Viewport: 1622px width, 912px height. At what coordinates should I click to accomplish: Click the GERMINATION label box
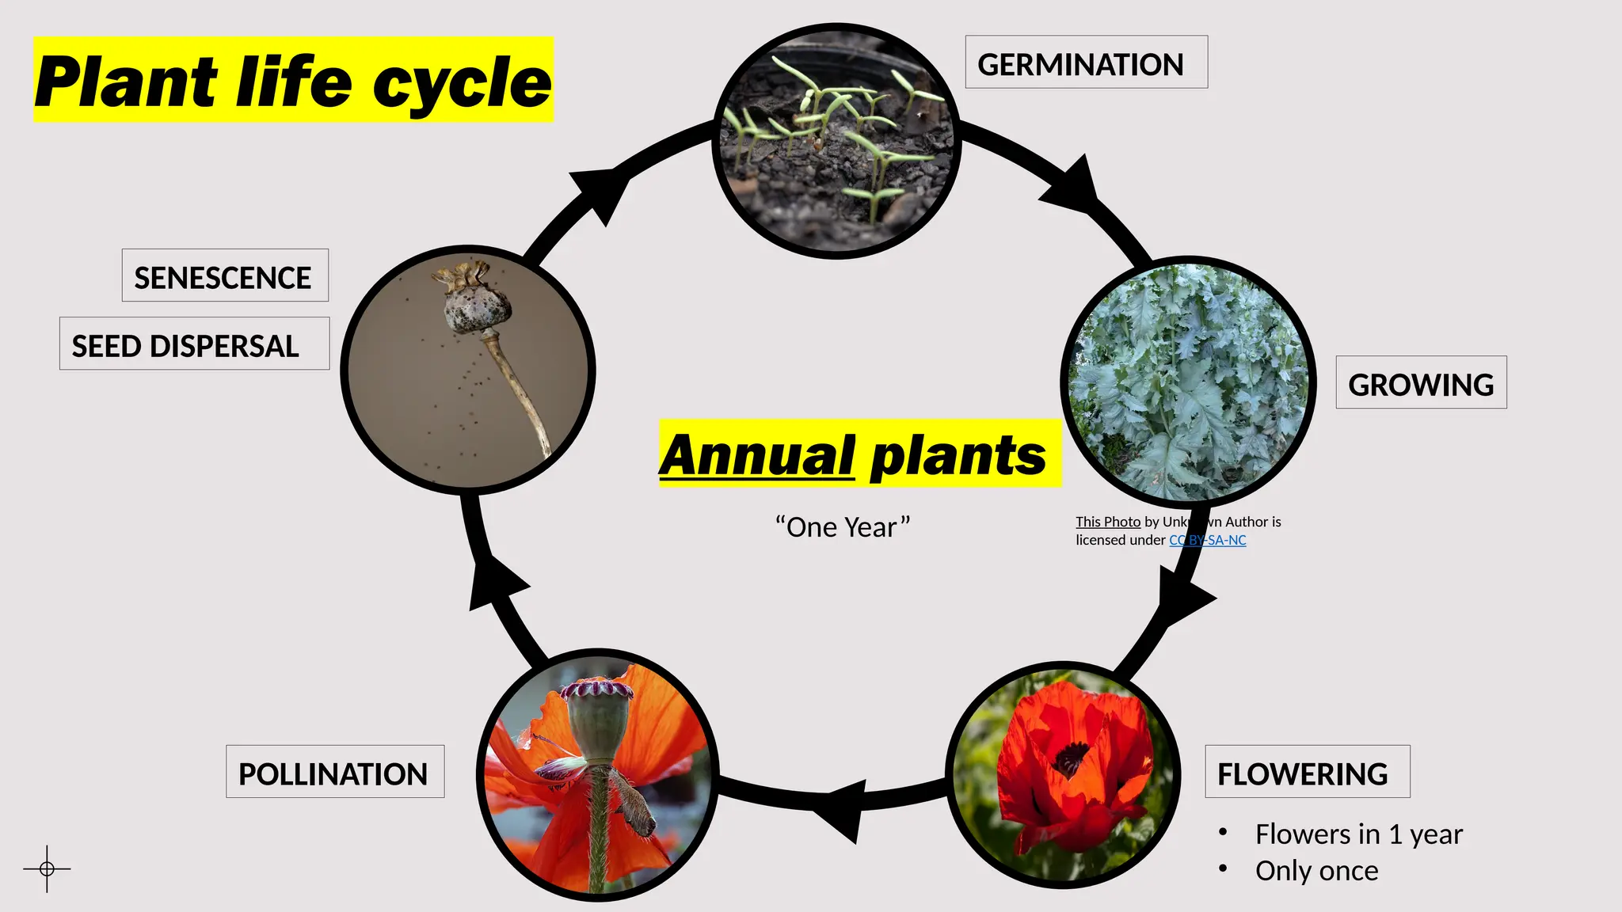click(1085, 63)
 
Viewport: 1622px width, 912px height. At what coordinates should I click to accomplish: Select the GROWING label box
click(1421, 383)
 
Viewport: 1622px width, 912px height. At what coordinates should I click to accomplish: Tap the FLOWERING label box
click(1307, 772)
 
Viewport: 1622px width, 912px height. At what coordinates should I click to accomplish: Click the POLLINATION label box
click(334, 772)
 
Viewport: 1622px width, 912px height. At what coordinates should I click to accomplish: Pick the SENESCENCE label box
click(224, 275)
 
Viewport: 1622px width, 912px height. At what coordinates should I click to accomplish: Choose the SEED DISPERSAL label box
click(193, 344)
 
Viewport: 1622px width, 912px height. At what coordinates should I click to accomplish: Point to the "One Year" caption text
click(843, 527)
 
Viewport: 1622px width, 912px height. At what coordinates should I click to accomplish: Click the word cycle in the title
click(461, 82)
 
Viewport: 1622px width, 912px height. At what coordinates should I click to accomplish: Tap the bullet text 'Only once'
click(1316, 870)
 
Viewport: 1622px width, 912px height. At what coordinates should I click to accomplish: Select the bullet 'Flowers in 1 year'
click(1358, 834)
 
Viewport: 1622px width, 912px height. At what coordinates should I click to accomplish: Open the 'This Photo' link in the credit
click(1107, 522)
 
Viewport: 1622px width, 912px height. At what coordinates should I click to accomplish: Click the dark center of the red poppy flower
click(1070, 760)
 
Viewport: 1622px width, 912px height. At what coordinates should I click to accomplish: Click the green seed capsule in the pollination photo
click(599, 724)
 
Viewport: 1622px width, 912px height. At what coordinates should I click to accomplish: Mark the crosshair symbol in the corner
click(47, 868)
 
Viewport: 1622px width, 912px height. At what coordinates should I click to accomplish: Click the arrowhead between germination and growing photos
click(1073, 188)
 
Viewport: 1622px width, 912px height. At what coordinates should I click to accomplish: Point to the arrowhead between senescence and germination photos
click(600, 192)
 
